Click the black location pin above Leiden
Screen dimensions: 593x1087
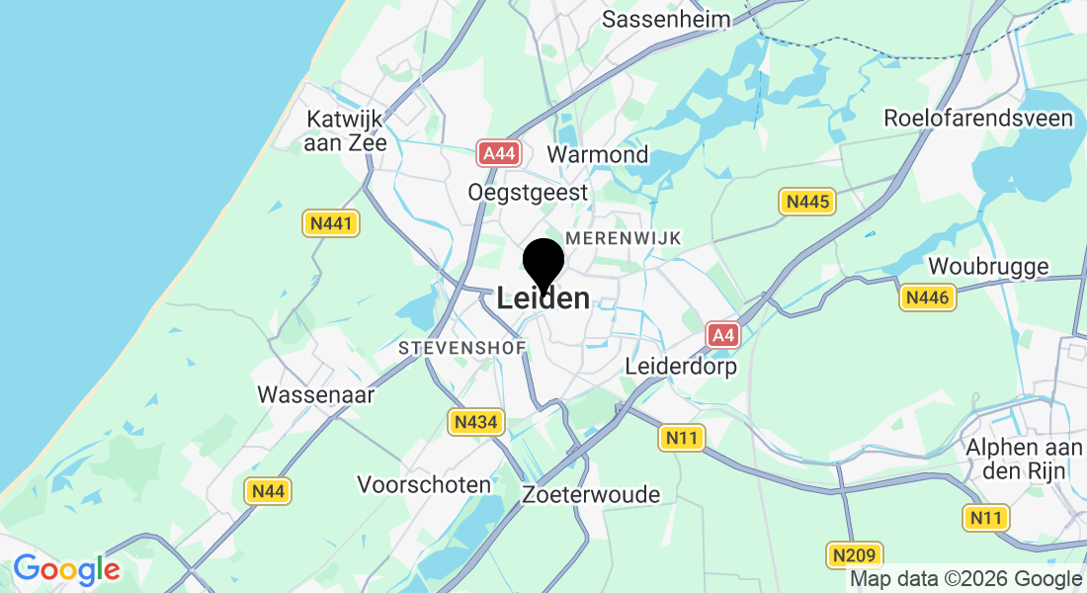(x=543, y=263)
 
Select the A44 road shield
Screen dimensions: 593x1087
(x=498, y=153)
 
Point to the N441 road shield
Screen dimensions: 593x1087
(x=331, y=224)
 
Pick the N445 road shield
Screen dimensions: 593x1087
(x=806, y=202)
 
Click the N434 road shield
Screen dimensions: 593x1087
(x=477, y=423)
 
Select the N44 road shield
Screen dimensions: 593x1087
(x=267, y=490)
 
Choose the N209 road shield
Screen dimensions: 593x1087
(x=853, y=554)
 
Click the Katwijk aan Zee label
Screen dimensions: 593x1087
(x=346, y=130)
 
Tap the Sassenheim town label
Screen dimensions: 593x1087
(x=666, y=19)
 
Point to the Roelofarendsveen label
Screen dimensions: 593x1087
(x=977, y=119)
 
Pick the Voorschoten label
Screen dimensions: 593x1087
(x=424, y=484)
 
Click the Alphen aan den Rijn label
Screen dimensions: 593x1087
(x=1025, y=458)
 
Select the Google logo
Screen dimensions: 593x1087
(x=66, y=570)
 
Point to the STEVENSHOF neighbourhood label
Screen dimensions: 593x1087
(x=462, y=348)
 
